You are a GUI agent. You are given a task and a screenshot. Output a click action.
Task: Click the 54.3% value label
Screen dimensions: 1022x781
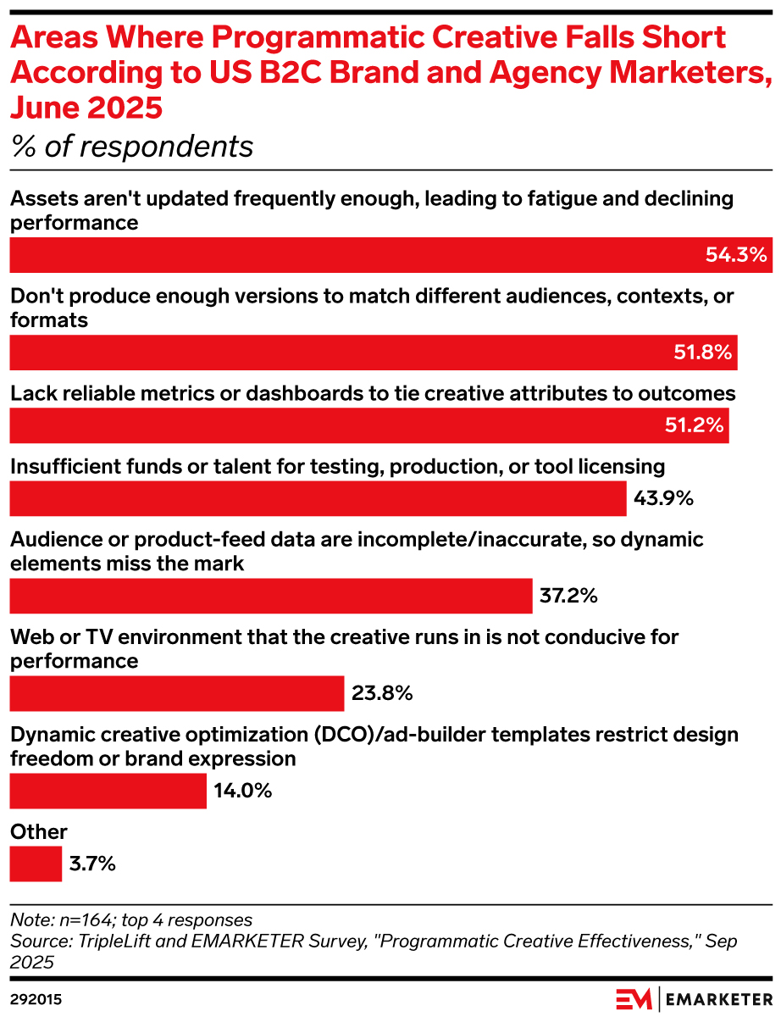(735, 254)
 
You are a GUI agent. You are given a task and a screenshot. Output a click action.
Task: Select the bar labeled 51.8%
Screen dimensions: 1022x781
(373, 353)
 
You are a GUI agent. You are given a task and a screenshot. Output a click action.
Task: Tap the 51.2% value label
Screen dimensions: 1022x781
(695, 425)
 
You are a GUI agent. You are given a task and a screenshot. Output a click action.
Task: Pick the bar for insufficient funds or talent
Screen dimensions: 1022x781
(318, 498)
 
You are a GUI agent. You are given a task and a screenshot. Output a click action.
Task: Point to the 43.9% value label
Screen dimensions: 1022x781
(663, 498)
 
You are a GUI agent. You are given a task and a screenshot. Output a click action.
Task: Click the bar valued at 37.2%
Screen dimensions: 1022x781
(270, 596)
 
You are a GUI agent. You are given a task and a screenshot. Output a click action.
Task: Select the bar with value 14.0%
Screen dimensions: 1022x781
(108, 791)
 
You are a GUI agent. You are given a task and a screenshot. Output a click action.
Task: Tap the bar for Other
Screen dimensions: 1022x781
(36, 864)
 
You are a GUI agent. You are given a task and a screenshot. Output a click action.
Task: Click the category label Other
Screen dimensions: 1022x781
(38, 832)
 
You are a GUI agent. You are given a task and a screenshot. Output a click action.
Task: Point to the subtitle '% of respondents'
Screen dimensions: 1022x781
(131, 147)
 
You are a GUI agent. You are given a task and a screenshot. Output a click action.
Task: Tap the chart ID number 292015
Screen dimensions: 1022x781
(36, 1000)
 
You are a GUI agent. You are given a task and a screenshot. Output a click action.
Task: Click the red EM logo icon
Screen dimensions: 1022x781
(634, 1000)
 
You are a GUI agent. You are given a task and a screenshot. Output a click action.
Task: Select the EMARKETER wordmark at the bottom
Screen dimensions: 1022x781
(721, 1000)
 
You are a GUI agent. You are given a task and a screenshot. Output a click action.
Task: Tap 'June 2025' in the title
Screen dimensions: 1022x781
(85, 108)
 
